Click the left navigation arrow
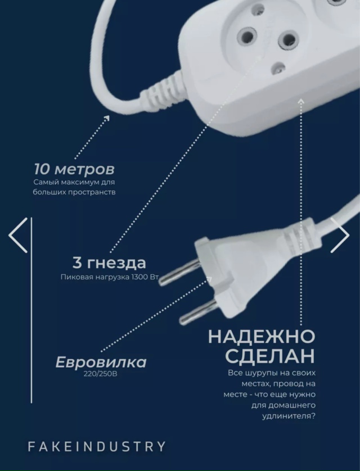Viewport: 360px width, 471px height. coord(18,234)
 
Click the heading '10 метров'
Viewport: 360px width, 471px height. coord(74,169)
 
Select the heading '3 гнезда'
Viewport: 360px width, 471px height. coord(109,262)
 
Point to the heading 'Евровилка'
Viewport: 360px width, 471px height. coord(101,362)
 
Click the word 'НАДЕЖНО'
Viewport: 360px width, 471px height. coord(261,337)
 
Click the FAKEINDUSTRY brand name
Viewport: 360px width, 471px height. coord(97,447)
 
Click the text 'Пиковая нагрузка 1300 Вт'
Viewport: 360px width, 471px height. coord(107,277)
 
